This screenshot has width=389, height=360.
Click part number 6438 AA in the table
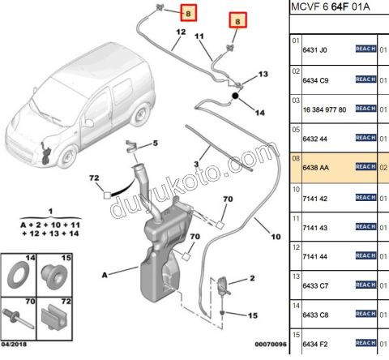315,168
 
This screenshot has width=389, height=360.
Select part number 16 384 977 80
324,109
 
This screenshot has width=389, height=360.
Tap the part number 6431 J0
314,50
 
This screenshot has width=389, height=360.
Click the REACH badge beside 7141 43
365,226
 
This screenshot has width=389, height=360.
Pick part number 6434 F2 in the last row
315,345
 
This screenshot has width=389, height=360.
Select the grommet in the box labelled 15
53,276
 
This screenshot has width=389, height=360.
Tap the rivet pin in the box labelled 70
18,319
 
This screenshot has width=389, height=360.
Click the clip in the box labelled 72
54,317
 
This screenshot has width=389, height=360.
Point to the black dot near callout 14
235,96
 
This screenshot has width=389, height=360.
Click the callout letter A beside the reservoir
105,275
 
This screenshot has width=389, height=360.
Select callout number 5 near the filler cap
155,143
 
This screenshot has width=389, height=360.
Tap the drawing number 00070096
271,345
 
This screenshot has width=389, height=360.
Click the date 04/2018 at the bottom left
14,345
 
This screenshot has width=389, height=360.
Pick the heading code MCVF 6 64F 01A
331,6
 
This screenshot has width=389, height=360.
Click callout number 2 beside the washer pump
252,278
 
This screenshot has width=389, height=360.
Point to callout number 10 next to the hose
276,237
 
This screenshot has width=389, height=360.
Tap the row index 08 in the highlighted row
296,158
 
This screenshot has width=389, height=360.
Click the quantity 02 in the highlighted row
383,168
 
